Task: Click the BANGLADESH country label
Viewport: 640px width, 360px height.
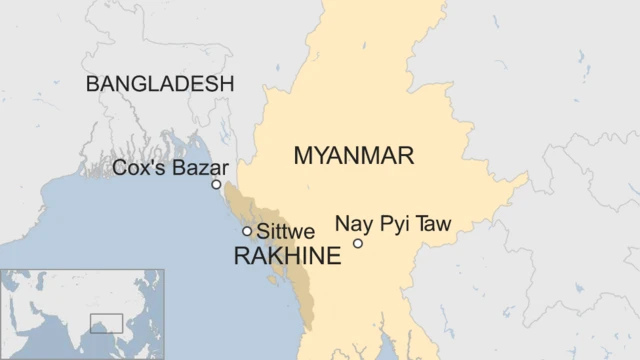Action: tap(160, 83)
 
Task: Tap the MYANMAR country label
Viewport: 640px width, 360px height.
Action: tap(354, 155)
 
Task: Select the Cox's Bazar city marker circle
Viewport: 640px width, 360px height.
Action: tap(216, 184)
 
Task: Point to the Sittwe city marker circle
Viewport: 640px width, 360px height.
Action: tap(247, 231)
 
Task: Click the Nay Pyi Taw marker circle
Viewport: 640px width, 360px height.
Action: tap(358, 243)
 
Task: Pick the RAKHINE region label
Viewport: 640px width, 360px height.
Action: tap(286, 256)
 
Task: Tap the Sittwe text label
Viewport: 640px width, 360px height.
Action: tap(285, 231)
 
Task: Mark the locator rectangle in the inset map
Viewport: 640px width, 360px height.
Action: tap(106, 323)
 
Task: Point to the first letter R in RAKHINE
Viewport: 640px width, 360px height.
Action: tap(241, 256)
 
